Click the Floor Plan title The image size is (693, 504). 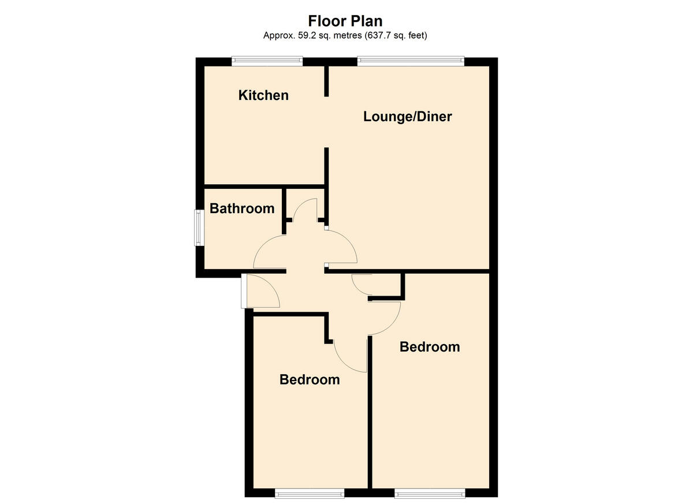[345, 21]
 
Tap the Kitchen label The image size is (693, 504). [263, 95]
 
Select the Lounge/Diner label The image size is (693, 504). [407, 117]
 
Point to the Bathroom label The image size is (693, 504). [242, 208]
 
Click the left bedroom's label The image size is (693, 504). [310, 380]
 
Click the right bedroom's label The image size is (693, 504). [430, 347]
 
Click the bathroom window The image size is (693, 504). [198, 227]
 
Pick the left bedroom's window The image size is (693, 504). [309, 492]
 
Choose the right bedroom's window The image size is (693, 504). [430, 492]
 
